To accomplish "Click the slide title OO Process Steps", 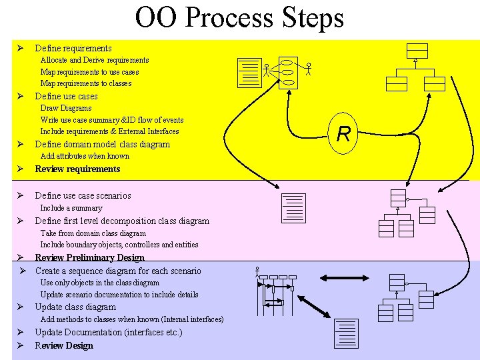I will [x=239, y=18].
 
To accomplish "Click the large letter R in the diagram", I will [x=343, y=135].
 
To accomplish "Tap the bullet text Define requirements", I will [x=73, y=48].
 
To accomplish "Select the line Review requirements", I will [x=77, y=169].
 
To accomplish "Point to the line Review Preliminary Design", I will [x=89, y=257].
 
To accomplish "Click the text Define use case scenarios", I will [x=83, y=195].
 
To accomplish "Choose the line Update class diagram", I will [x=75, y=307].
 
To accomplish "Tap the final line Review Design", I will [x=64, y=345].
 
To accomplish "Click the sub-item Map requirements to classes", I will [x=86, y=83].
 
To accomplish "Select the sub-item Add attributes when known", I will [x=85, y=156].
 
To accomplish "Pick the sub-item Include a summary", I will [x=71, y=208].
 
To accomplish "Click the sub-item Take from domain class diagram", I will [x=93, y=233].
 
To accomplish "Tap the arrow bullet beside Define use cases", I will [x=21, y=96].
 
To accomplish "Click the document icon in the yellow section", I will [x=249, y=73].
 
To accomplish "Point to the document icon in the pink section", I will [x=293, y=208].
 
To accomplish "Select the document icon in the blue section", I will [x=347, y=333].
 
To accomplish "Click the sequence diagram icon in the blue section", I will [x=276, y=294].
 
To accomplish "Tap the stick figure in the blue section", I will [x=257, y=271].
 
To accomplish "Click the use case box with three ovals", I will [x=288, y=72].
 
